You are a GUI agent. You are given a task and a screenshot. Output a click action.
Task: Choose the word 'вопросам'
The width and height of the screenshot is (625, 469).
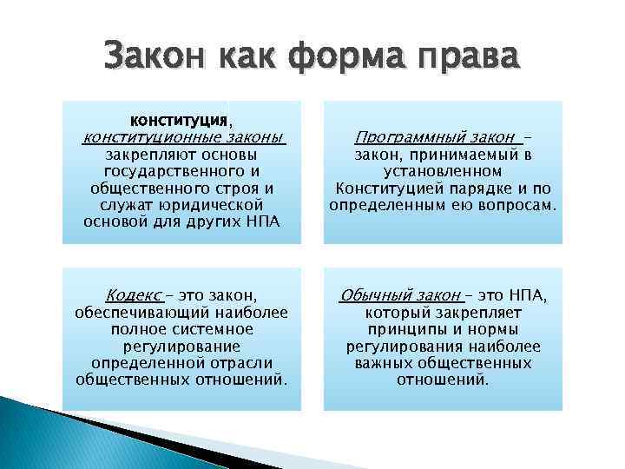coord(516,205)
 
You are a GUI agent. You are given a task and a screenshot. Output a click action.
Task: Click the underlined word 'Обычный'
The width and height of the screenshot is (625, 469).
coord(369,295)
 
